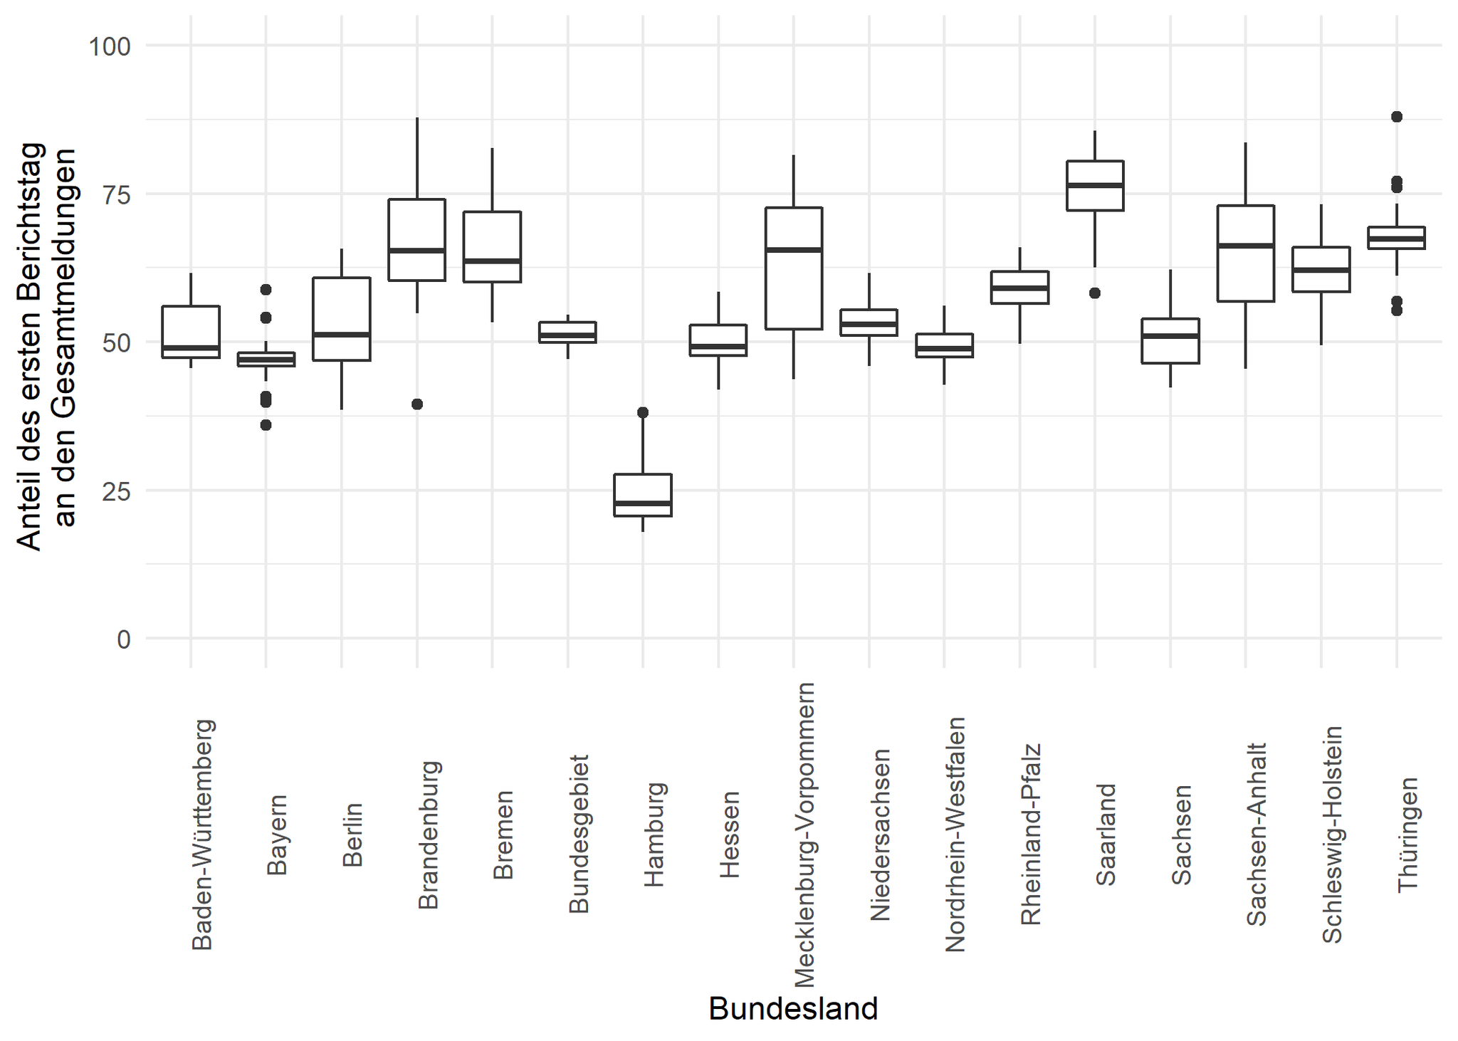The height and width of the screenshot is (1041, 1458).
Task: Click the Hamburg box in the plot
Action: [643, 494]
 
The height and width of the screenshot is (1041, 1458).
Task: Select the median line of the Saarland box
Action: [1095, 185]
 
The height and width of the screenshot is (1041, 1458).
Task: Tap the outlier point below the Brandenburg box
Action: [417, 404]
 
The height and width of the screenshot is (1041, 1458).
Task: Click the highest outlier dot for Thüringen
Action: [1397, 117]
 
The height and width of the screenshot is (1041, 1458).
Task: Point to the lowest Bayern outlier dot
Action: [266, 425]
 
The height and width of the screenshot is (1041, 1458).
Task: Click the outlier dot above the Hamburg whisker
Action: [643, 412]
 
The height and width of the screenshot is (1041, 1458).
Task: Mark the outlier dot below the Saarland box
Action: [1095, 293]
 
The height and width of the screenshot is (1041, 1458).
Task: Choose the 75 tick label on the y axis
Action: [110, 194]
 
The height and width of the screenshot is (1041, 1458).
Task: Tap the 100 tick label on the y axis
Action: [110, 47]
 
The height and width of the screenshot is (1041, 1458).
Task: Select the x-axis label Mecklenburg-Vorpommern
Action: [804, 835]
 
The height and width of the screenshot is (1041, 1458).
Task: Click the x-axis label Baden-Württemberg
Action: [203, 835]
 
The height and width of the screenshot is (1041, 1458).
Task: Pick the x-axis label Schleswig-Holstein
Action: [1332, 835]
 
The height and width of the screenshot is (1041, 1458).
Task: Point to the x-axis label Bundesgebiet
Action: [579, 835]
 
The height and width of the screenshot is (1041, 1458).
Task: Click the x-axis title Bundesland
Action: [793, 1008]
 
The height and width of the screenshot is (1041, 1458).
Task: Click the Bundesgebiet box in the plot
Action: [567, 333]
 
